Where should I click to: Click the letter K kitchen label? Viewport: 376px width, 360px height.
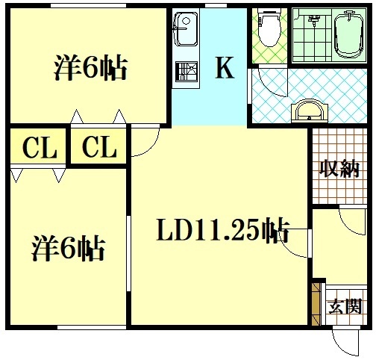point(225,69)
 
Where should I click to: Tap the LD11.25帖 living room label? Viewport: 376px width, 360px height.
point(222,232)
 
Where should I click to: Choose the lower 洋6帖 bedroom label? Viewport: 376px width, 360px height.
point(68,247)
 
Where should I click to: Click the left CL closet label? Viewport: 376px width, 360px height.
point(40,148)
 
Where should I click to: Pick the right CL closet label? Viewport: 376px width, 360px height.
point(99,148)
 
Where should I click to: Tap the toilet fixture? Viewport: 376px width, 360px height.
point(269,28)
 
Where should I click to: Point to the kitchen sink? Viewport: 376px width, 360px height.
point(184,30)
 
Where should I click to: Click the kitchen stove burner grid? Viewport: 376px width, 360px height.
point(185,72)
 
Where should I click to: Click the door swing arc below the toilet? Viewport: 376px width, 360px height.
point(267,84)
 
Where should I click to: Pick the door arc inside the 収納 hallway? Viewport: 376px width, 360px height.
point(350,222)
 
